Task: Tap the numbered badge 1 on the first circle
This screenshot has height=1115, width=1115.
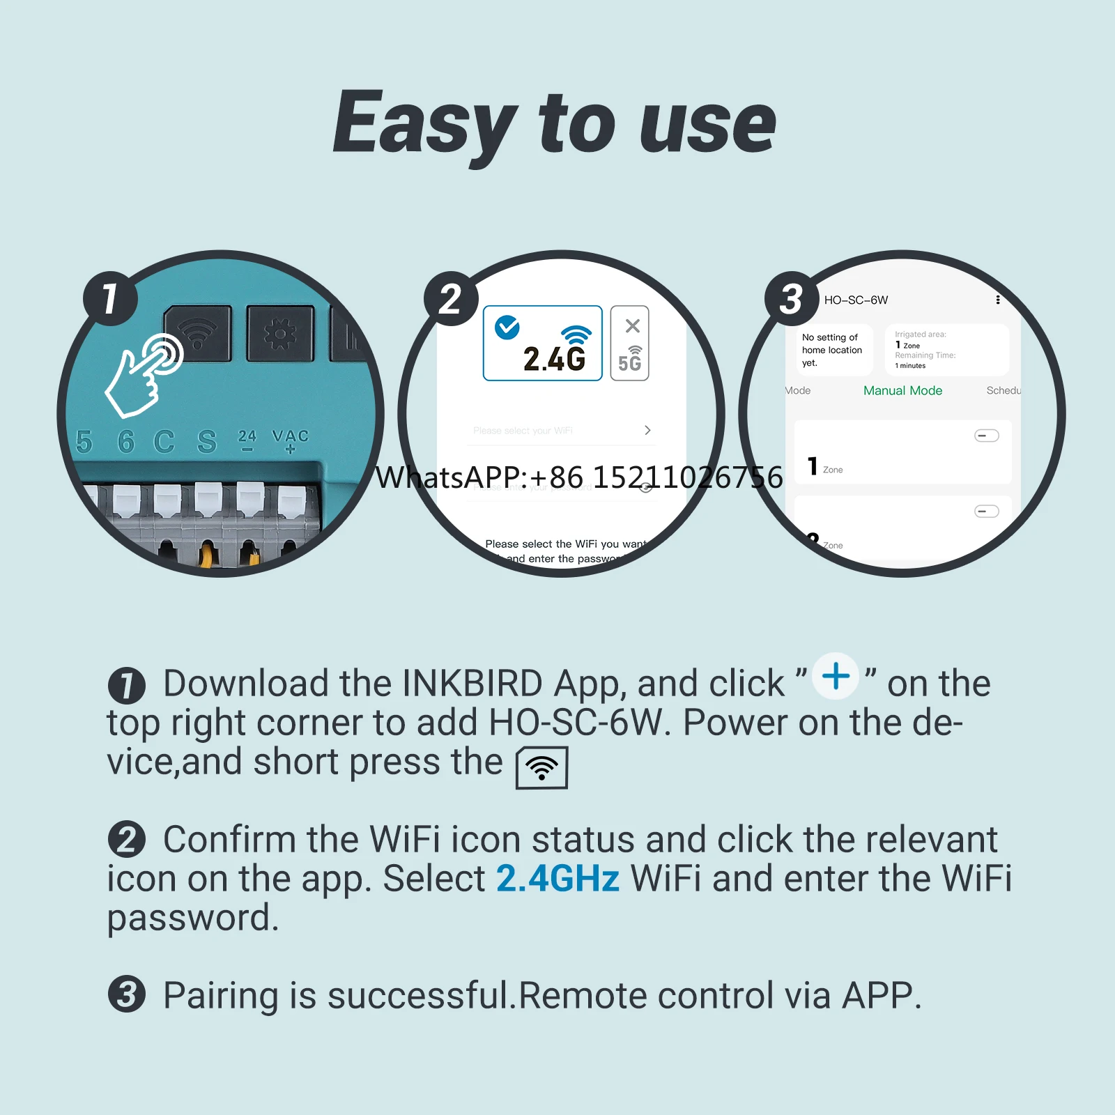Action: click(x=110, y=298)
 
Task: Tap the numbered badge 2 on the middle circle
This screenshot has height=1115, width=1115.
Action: click(x=451, y=298)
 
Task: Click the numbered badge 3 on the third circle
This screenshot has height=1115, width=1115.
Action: click(x=792, y=298)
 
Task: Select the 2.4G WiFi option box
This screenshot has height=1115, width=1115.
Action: click(x=542, y=343)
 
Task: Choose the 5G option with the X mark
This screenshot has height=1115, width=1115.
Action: click(x=629, y=343)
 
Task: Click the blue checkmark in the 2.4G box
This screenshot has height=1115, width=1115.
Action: click(x=507, y=327)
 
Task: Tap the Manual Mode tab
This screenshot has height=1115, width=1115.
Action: click(x=902, y=391)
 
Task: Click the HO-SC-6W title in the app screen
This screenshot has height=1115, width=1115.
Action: click(x=856, y=300)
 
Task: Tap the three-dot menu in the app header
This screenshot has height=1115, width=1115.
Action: click(x=998, y=300)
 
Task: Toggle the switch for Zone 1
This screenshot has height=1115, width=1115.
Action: click(x=986, y=436)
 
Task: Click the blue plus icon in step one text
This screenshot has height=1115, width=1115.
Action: click(x=836, y=676)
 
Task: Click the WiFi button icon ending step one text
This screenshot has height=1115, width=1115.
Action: click(x=541, y=767)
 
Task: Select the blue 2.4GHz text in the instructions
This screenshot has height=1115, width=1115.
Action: click(x=557, y=878)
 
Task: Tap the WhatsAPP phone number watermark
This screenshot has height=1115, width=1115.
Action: click(x=579, y=477)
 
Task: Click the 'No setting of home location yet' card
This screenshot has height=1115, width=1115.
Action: click(x=833, y=350)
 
